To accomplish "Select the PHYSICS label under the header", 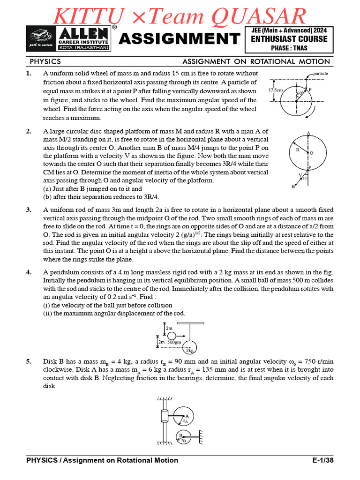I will [x=45, y=61].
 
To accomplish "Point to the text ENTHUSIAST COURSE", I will [x=289, y=39].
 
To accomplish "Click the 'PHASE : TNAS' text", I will [x=289, y=48].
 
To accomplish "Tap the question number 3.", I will [x=29, y=210].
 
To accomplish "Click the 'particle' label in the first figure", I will [x=321, y=74].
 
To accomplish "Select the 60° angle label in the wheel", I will [x=300, y=94].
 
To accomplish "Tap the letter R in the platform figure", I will [x=297, y=150].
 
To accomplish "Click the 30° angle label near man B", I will [x=305, y=179].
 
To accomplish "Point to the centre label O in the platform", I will [x=311, y=153].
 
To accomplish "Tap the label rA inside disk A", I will [x=185, y=421].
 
